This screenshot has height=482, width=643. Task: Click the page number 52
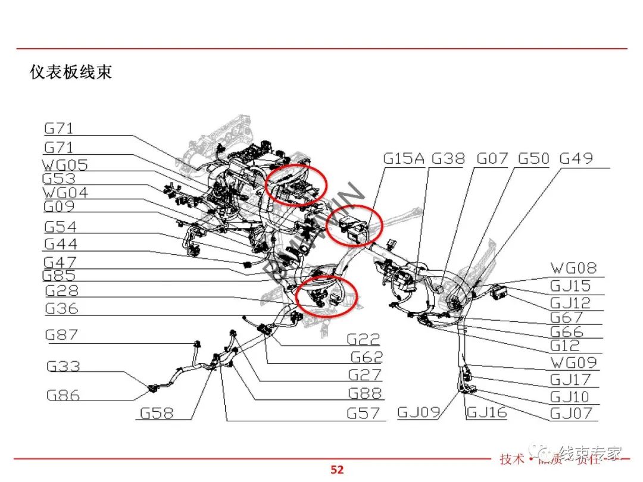[337, 470]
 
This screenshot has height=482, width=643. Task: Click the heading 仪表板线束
[71, 73]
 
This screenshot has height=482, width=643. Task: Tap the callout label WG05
[65, 164]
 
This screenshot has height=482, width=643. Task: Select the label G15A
[404, 158]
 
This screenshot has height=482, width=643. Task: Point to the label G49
[576, 158]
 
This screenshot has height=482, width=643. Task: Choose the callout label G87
[61, 335]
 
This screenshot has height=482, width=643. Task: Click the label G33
[63, 367]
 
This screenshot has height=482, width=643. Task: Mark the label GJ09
[419, 412]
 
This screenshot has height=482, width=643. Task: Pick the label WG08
[573, 268]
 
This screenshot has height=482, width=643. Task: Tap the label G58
[158, 412]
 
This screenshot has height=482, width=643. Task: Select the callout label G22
[363, 339]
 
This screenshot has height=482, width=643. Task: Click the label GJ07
[571, 412]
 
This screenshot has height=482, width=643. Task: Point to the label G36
[61, 308]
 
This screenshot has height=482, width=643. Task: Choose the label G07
[492, 158]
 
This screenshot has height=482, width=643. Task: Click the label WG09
[573, 362]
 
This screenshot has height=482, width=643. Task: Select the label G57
[363, 412]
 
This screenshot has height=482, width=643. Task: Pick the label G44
[60, 244]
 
